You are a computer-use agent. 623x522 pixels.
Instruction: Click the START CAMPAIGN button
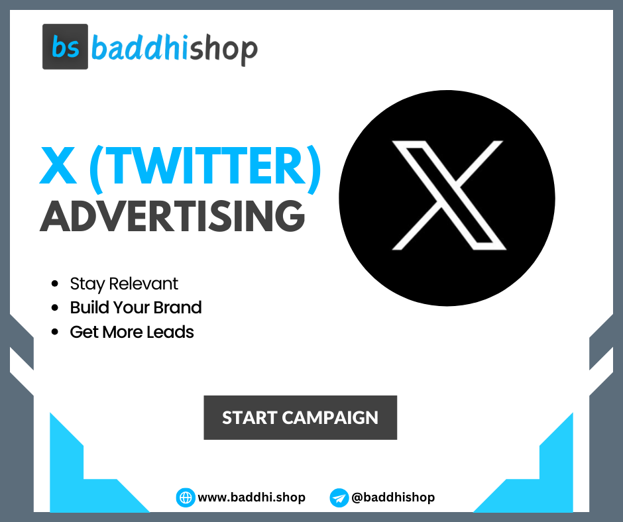point(300,418)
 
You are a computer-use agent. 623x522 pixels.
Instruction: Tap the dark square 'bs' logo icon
point(65,47)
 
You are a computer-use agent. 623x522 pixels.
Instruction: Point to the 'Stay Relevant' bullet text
point(124,284)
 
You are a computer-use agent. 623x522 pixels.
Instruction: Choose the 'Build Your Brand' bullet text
point(136,308)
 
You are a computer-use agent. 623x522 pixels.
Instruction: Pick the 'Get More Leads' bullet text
point(132,332)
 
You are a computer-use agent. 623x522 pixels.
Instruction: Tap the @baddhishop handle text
point(393,497)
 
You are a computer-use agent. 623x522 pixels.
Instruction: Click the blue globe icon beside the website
point(186,497)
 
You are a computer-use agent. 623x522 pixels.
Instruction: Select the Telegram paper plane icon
point(339,497)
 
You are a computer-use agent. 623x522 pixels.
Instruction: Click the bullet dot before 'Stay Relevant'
point(55,285)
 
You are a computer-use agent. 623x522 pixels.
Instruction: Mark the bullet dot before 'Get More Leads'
point(55,333)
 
